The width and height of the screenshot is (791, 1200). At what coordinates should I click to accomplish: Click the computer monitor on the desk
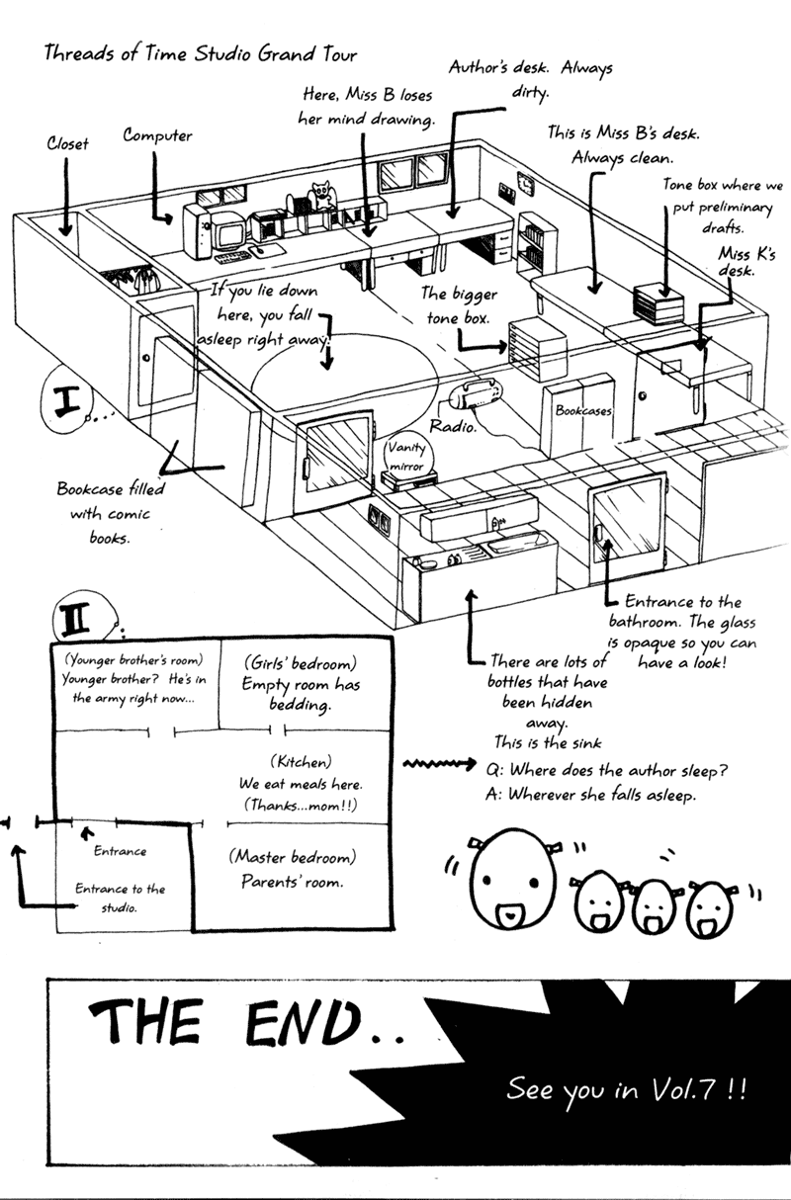(x=229, y=231)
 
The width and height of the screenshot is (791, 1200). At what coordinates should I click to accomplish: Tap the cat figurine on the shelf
(x=321, y=196)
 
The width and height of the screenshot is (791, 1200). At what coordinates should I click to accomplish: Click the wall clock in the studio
(x=526, y=186)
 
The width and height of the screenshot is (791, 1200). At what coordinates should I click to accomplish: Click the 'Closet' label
(x=67, y=143)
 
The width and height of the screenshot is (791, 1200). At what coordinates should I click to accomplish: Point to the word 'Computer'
(x=157, y=135)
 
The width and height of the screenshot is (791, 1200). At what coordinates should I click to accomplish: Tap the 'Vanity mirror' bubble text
(x=406, y=456)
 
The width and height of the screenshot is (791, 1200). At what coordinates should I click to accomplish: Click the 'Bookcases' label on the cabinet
(x=583, y=411)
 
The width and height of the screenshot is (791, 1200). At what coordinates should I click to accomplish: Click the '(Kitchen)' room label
(x=301, y=761)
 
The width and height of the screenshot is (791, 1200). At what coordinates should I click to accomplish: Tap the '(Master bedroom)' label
(x=293, y=857)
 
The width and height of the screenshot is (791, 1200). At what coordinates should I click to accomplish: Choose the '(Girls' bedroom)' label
(x=301, y=663)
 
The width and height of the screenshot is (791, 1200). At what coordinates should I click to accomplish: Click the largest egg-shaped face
(x=513, y=878)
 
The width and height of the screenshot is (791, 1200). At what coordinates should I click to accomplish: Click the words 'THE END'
(x=225, y=1022)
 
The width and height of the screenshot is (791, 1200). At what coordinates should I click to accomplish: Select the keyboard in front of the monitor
(x=232, y=257)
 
